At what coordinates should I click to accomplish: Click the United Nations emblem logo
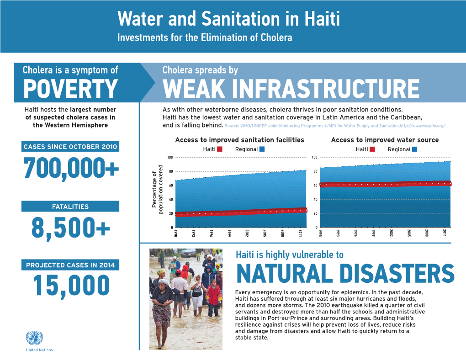[33, 338]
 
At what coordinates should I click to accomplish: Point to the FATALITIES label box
[70, 206]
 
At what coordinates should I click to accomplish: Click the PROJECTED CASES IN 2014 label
[70, 265]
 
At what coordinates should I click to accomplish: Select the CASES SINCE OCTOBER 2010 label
[70, 147]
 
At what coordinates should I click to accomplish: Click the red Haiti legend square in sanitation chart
[220, 149]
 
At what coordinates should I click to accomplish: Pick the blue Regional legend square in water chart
[414, 149]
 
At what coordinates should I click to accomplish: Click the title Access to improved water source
[384, 140]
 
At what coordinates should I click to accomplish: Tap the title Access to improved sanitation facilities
[239, 140]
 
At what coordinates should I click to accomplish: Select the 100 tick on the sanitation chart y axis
[169, 158]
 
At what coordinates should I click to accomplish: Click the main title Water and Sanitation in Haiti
[228, 20]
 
